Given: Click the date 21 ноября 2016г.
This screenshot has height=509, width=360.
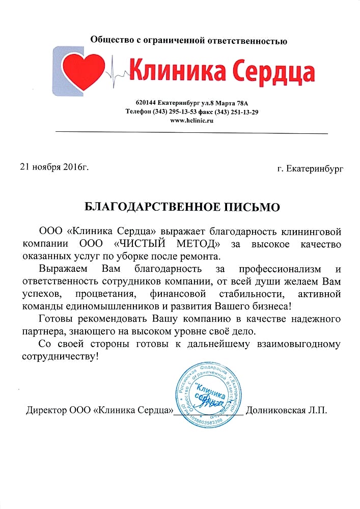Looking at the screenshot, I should tap(54, 166).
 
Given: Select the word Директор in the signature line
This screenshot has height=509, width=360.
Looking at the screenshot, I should tap(46, 410).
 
